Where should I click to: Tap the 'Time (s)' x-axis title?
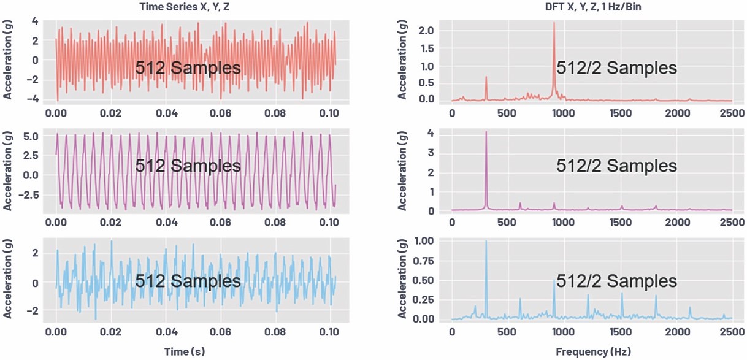coord(184,351)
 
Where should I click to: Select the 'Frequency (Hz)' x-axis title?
coord(593,351)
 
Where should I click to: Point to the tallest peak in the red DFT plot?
coord(554,23)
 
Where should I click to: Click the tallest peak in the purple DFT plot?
coord(486,132)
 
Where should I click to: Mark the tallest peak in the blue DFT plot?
coord(486,241)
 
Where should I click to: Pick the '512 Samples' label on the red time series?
coord(188,67)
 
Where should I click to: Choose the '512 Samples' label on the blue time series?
coord(188,281)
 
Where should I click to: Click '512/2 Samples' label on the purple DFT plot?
coord(616,166)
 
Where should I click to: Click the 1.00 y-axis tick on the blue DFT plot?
coord(423,242)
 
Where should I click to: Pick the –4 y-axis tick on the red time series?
coord(35,99)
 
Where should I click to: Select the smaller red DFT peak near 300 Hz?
coord(486,78)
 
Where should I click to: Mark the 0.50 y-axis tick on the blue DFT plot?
coord(423,281)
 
